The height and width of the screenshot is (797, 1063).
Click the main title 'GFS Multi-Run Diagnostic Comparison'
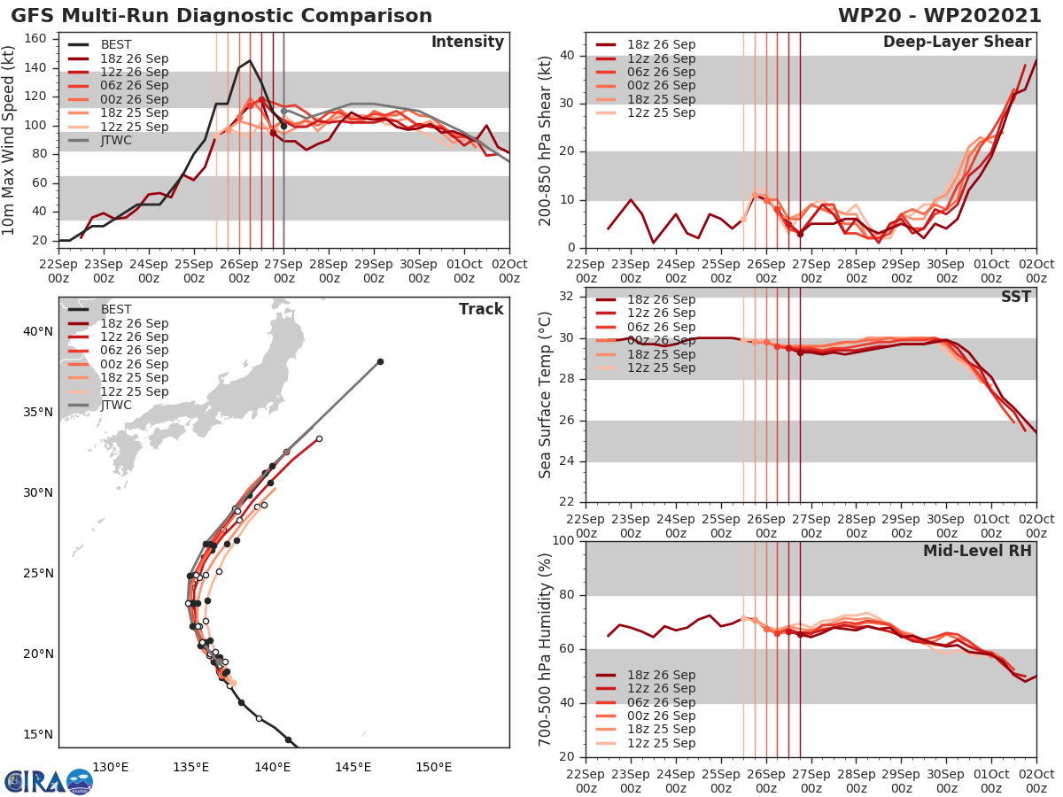222,16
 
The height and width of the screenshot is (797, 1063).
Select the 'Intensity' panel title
467,43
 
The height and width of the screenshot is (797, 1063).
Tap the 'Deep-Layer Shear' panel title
957,43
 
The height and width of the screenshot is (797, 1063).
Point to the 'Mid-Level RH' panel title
977,551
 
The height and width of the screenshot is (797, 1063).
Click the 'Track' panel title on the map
481,309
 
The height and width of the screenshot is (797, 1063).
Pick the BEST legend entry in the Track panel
116,309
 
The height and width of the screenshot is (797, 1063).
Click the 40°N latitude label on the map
36,331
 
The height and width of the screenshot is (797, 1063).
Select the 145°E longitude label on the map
353,767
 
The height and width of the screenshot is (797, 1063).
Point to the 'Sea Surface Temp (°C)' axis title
546,395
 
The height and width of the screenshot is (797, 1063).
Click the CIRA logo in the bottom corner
48,781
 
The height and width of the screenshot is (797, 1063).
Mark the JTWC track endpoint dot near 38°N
380,361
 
